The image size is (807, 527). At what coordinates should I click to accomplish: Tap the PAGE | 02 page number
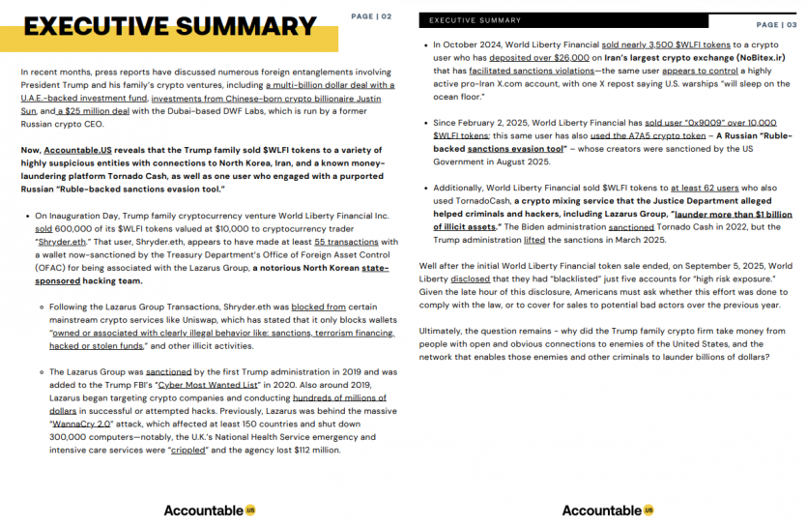[x=371, y=16]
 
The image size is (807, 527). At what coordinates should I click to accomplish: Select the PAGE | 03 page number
[x=777, y=25]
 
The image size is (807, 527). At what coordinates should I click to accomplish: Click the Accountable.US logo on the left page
[x=210, y=510]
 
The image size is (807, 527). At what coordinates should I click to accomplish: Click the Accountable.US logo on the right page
[x=608, y=510]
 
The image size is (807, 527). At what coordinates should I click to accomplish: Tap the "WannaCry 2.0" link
[x=82, y=424]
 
